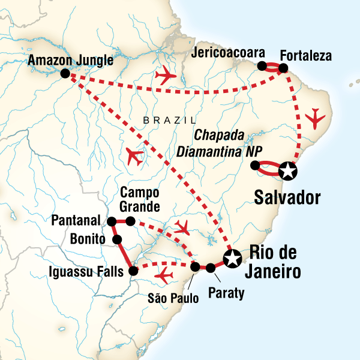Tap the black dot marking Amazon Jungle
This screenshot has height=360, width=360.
65,74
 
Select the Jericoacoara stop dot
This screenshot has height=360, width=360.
262,66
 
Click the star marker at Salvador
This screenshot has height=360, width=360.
289,171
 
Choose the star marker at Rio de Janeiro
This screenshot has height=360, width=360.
232,259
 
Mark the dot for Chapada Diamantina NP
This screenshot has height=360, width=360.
254,165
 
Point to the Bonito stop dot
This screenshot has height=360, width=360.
118,240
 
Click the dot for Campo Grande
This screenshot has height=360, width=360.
130,221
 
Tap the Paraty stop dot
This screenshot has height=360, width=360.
211,268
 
